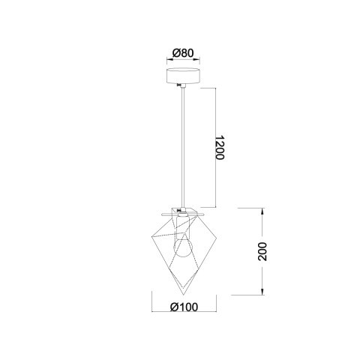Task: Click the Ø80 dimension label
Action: pyautogui.click(x=183, y=52)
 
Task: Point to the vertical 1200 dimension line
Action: pyautogui.click(x=217, y=147)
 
